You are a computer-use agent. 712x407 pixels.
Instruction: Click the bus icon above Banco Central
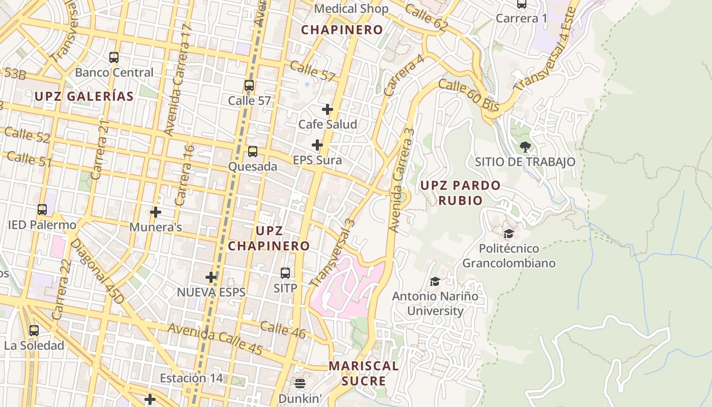click(114, 57)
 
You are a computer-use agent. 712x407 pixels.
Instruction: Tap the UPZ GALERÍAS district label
click(84, 96)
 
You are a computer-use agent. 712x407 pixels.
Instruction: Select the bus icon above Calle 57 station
click(249, 85)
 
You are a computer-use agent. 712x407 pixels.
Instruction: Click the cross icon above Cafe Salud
click(328, 109)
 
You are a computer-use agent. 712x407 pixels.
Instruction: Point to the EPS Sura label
click(317, 160)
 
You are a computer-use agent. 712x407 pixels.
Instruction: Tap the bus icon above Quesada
click(253, 152)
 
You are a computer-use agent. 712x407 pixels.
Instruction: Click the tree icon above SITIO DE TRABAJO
click(525, 148)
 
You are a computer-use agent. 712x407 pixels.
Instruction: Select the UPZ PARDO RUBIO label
click(460, 193)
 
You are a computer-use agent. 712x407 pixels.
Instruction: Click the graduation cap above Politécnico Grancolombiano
click(509, 234)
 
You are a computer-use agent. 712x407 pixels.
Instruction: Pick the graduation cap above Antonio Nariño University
click(435, 282)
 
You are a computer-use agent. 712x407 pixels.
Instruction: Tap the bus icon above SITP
click(285, 273)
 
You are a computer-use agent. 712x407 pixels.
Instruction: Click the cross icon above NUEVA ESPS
click(211, 277)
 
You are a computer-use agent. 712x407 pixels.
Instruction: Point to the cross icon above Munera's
click(156, 212)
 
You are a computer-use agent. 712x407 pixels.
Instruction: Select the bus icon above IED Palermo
click(42, 210)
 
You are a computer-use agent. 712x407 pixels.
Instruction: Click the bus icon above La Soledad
click(34, 331)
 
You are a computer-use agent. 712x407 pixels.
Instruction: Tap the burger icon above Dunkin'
click(300, 383)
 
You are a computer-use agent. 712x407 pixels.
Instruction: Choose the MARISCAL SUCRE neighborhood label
click(364, 373)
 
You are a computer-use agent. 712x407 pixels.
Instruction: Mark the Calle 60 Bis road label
click(468, 95)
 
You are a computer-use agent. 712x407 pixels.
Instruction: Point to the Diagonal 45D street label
click(97, 271)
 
